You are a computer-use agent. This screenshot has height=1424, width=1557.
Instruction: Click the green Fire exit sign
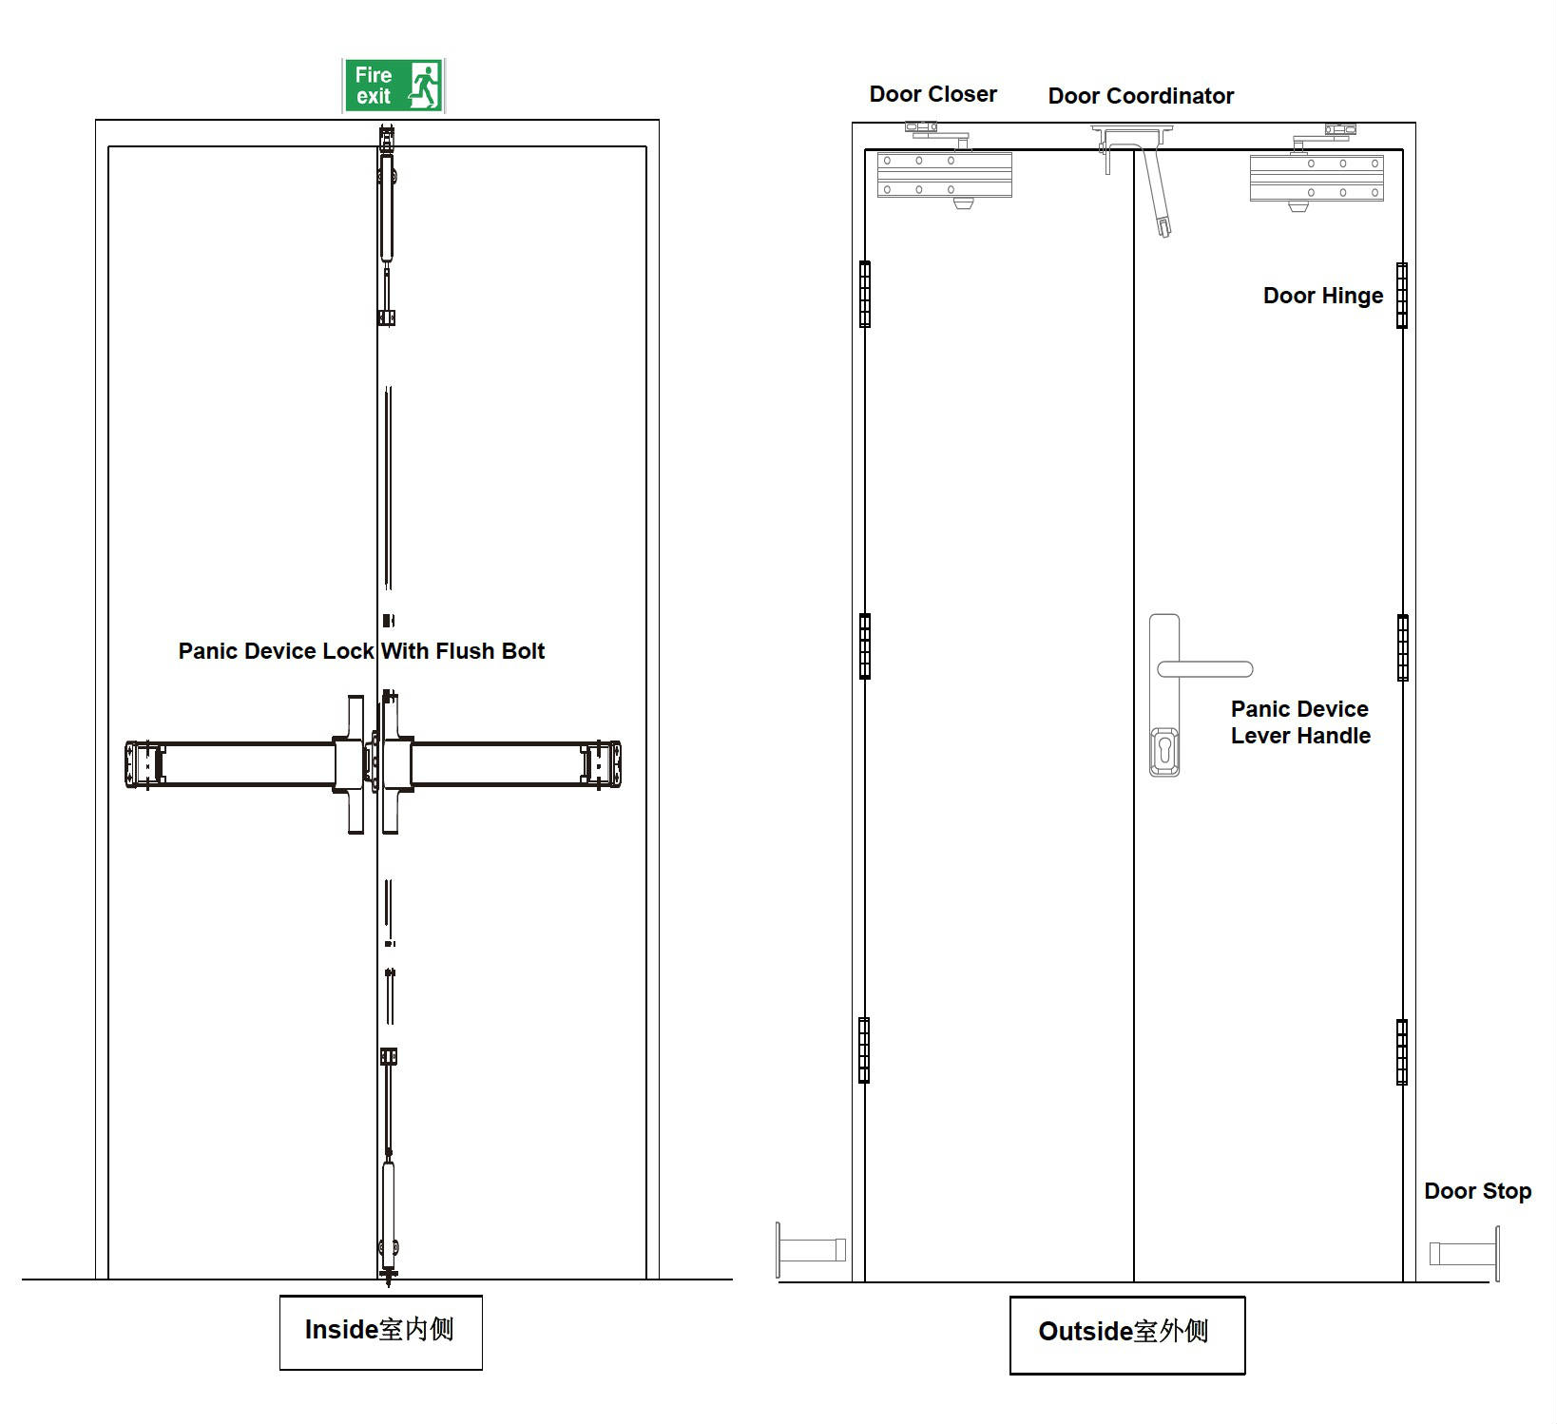(394, 86)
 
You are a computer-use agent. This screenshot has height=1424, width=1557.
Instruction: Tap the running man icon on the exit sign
(424, 86)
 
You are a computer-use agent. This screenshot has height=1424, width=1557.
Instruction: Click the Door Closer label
(932, 94)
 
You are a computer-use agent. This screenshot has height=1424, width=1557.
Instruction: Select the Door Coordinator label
(1141, 96)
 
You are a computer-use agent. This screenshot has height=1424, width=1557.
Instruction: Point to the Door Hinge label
(1322, 296)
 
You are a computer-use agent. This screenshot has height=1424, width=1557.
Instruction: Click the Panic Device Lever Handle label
(1300, 722)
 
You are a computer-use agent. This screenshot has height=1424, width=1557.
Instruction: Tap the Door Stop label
(1477, 1191)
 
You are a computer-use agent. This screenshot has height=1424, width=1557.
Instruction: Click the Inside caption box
(380, 1331)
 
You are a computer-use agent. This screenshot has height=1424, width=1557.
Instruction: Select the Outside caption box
(1126, 1333)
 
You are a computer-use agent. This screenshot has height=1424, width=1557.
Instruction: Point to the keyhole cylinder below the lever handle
(1164, 751)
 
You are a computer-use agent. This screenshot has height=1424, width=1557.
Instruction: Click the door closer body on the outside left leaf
(944, 175)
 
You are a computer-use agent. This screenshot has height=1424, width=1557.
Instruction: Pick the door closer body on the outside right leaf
(1317, 178)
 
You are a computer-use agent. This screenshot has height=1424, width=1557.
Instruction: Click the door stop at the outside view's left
(811, 1249)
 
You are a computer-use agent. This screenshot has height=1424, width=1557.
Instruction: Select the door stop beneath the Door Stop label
(1464, 1253)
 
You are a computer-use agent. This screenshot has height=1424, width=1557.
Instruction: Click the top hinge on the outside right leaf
(1401, 296)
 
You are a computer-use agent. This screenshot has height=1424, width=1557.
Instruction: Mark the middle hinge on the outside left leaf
(865, 646)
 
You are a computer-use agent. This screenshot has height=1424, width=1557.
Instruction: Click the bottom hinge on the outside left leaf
(864, 1050)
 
